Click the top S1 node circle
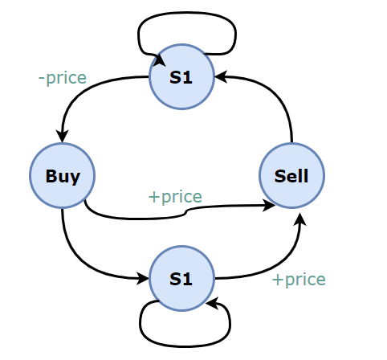(x=181, y=77)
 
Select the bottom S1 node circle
(x=181, y=279)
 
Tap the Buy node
(x=62, y=176)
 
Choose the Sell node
(x=291, y=176)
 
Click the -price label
(x=63, y=78)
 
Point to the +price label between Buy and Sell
(x=175, y=197)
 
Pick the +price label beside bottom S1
(x=299, y=280)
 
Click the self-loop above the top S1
(x=187, y=12)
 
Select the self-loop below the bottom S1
(x=185, y=346)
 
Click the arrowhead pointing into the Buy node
(x=62, y=136)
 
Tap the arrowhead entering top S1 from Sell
(x=221, y=77)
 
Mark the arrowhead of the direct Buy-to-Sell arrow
(x=269, y=206)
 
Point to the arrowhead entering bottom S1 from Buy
(x=143, y=279)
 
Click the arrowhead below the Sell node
(x=300, y=219)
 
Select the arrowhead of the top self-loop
(x=160, y=60)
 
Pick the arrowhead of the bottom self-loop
(x=212, y=303)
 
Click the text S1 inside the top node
(x=181, y=78)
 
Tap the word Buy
(x=63, y=177)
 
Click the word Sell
(x=291, y=176)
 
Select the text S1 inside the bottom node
(x=181, y=279)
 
